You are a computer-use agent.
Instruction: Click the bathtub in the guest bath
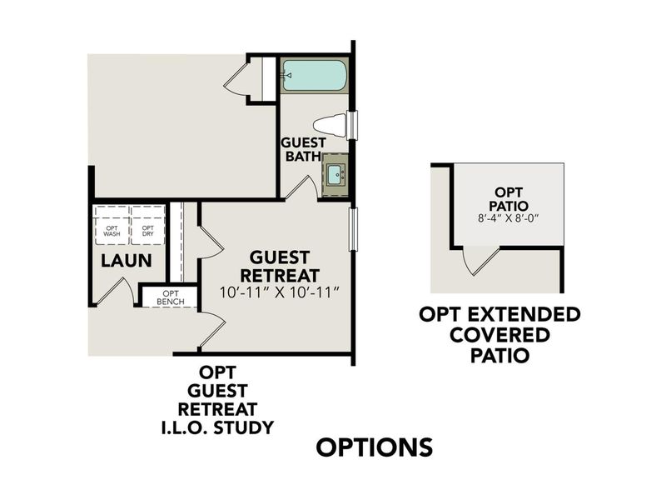[314, 77]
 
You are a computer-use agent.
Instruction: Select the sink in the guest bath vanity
[335, 174]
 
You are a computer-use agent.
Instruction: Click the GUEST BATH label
[303, 149]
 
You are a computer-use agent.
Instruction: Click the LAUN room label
[126, 261]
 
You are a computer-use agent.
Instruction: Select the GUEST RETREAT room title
[280, 266]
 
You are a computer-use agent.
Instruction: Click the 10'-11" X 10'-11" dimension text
[281, 292]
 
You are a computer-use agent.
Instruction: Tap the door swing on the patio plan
[480, 260]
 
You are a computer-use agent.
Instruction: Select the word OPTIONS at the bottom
[375, 447]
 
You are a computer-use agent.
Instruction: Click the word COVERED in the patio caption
[499, 335]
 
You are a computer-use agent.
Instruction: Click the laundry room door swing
[116, 291]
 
